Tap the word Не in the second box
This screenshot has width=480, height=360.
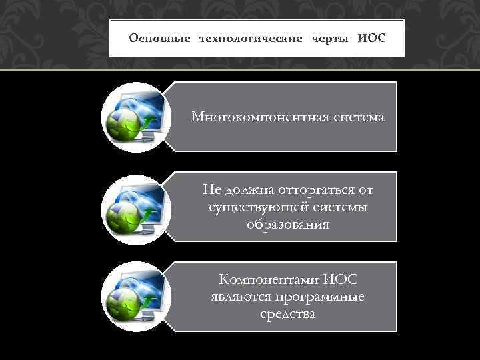tap(213, 190)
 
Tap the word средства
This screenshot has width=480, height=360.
tap(288, 314)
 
